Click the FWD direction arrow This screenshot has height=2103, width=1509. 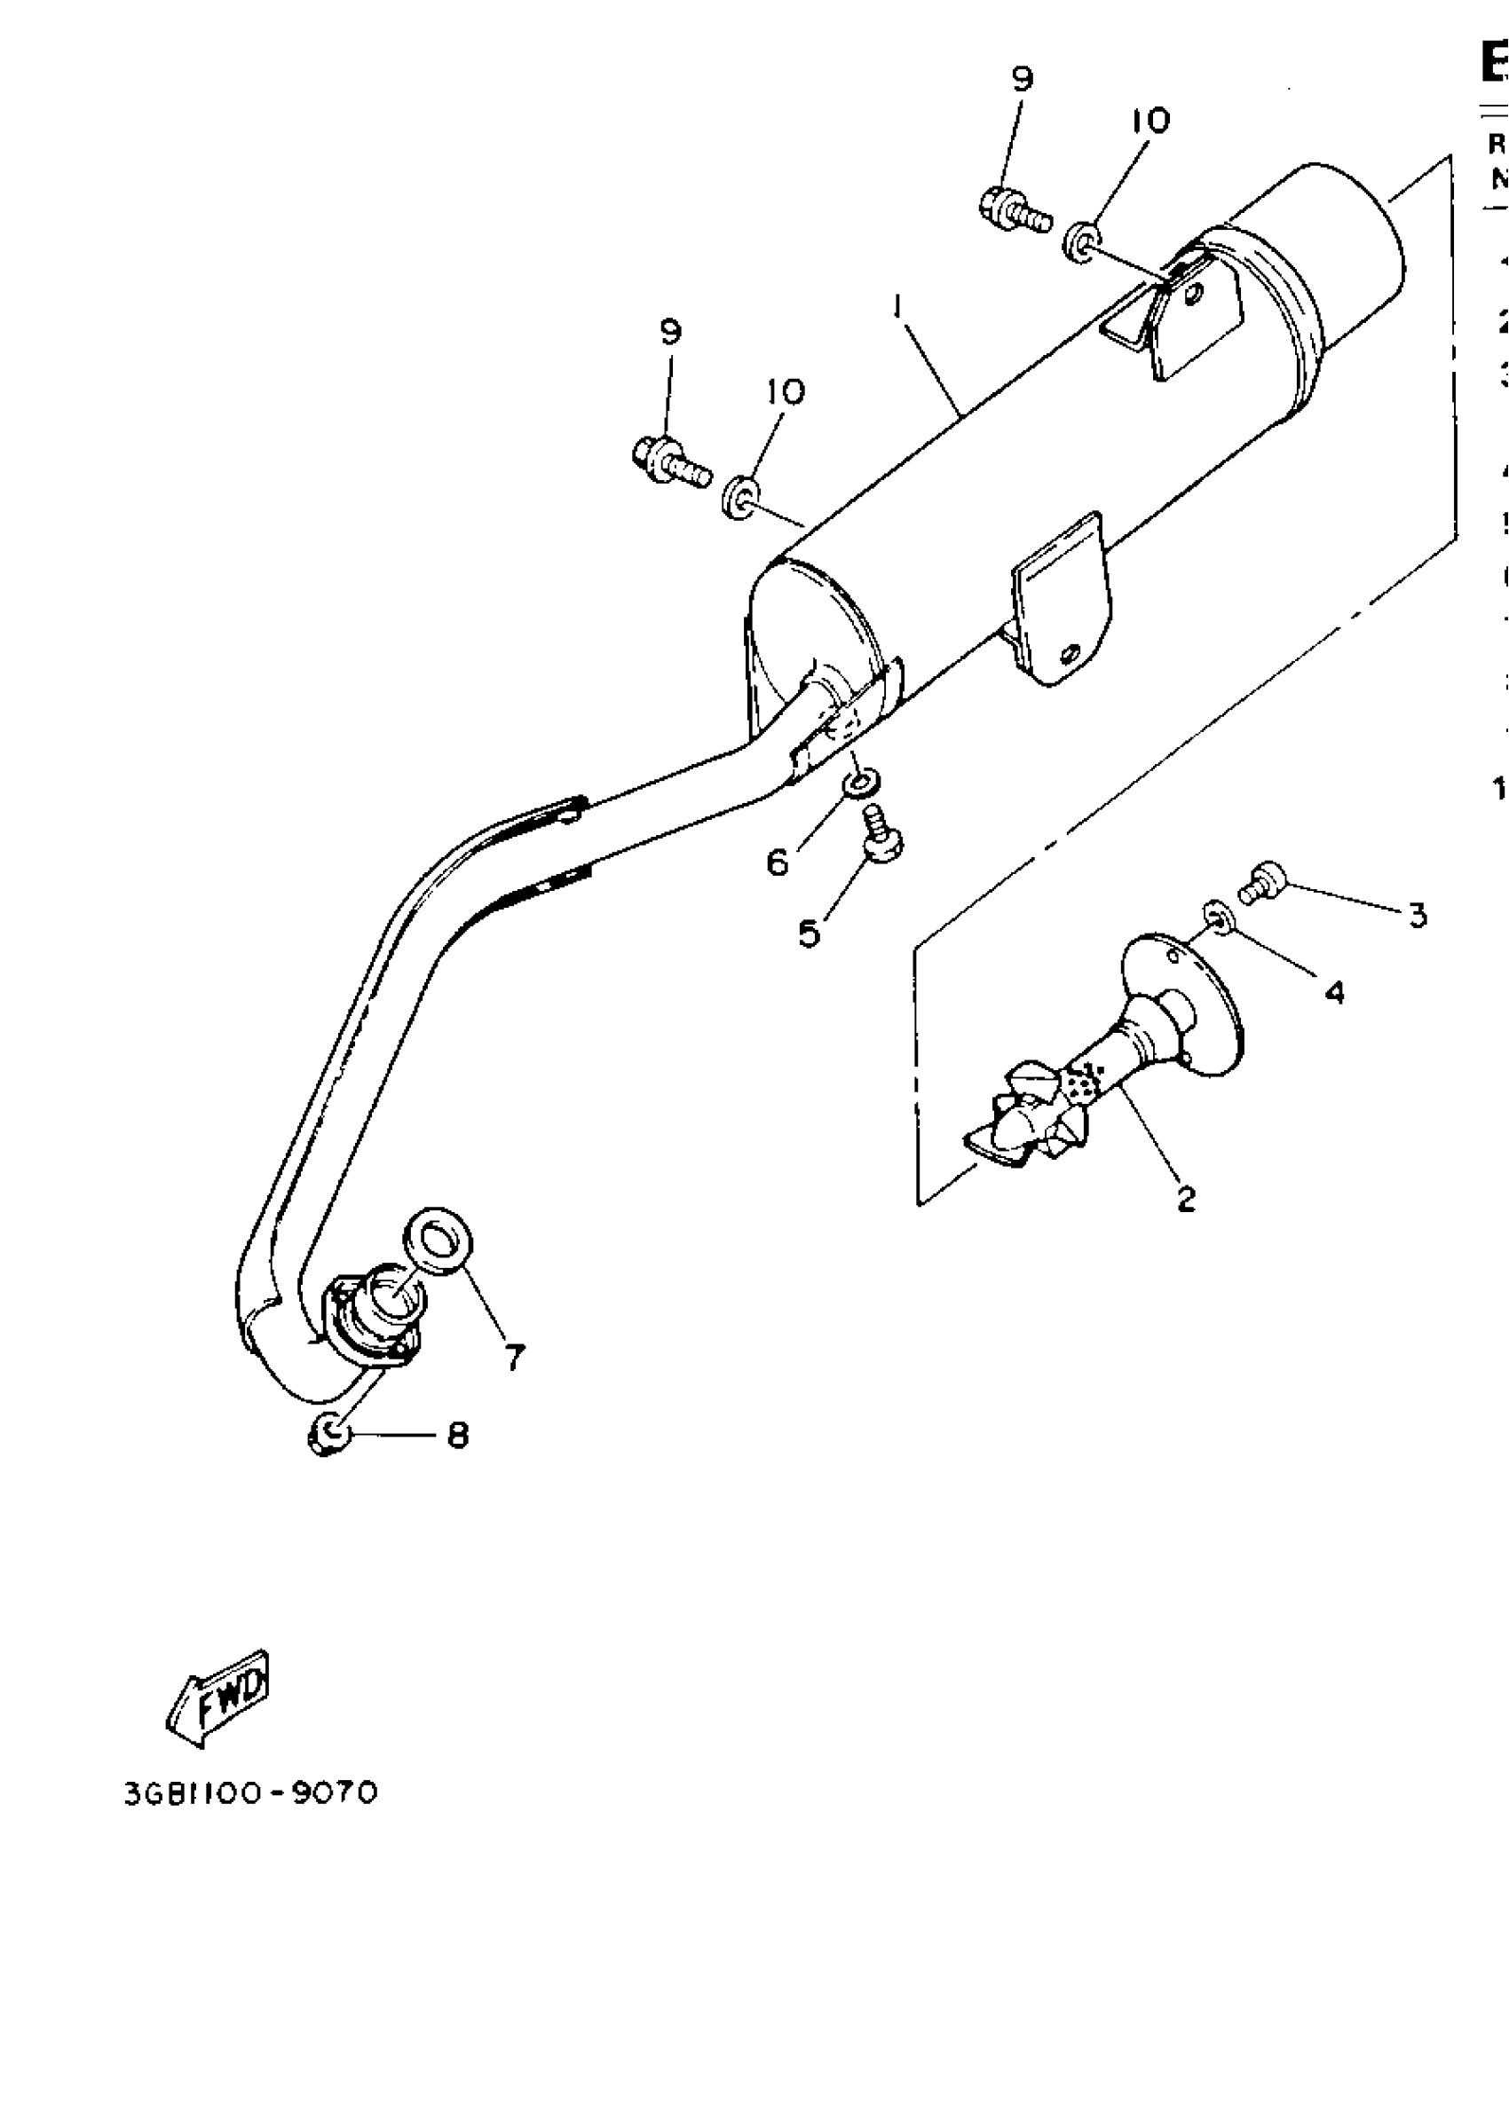219,1696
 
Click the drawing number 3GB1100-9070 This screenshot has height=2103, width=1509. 250,1793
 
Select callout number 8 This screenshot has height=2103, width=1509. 457,1436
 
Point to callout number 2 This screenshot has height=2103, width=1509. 1185,1199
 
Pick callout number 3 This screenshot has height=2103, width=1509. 1418,915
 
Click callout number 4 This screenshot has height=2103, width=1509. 1334,992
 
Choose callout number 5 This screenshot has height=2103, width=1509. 809,933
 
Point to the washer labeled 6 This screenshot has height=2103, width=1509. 856,784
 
